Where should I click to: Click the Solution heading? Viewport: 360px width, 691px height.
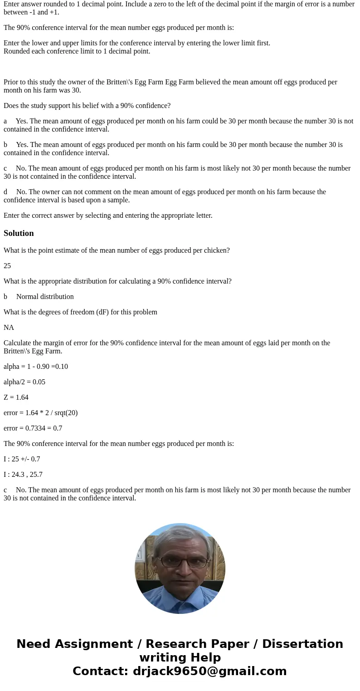[19, 233]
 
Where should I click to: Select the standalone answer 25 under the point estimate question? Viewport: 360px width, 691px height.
[7, 266]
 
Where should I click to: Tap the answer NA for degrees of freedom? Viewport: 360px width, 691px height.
[9, 328]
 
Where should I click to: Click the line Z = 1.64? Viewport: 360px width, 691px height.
[16, 397]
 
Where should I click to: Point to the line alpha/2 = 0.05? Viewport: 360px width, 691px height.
[24, 382]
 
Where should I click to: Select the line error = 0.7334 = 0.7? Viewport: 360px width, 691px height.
[33, 428]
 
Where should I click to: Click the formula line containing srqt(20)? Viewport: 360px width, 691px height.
[40, 413]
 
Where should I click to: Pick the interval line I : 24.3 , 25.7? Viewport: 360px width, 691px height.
[23, 475]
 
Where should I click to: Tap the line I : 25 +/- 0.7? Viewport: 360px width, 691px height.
[22, 459]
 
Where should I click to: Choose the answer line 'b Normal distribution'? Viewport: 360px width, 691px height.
[39, 297]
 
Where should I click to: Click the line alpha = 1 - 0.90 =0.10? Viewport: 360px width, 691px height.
[36, 367]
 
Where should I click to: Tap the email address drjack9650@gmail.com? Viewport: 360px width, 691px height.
[209, 671]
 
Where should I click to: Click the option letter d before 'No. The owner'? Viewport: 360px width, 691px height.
[5, 192]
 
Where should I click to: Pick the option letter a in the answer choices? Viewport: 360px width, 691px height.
[5, 121]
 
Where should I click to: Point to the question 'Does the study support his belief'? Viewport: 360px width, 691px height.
[87, 106]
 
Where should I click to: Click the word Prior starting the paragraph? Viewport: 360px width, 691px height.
[12, 82]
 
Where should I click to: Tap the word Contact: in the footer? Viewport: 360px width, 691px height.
[101, 671]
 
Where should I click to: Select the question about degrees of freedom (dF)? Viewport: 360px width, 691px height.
[80, 312]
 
